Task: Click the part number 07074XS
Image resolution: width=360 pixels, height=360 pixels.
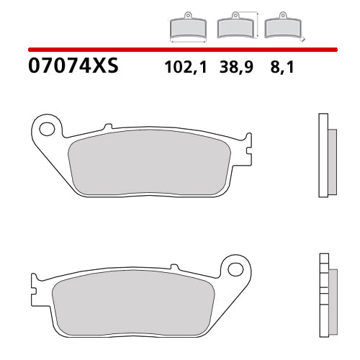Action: [72, 68]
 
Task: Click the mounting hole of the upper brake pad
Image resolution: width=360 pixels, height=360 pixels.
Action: [47, 130]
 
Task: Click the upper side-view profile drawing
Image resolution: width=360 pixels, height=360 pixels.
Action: [327, 155]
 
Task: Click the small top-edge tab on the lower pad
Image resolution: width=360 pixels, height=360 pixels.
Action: [172, 267]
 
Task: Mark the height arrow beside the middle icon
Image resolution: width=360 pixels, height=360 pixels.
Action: [258, 24]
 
